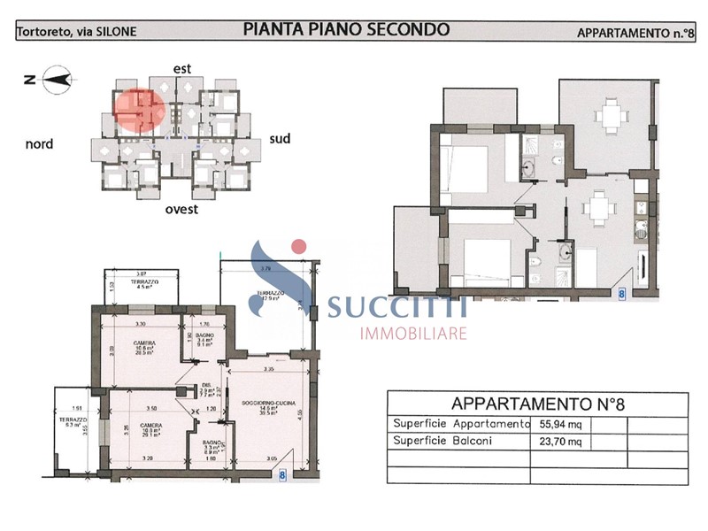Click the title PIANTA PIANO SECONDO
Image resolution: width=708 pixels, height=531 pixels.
click(346, 29)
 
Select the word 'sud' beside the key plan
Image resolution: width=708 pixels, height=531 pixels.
click(281, 138)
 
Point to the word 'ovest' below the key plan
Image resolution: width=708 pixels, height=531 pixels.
click(181, 210)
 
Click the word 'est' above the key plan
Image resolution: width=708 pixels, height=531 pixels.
click(182, 67)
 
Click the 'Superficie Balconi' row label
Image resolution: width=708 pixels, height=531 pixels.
click(438, 441)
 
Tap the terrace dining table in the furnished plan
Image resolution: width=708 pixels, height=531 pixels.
click(608, 115)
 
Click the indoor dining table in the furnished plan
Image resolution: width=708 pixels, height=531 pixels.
click(598, 209)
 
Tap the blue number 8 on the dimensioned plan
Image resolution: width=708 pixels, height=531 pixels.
click(282, 475)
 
